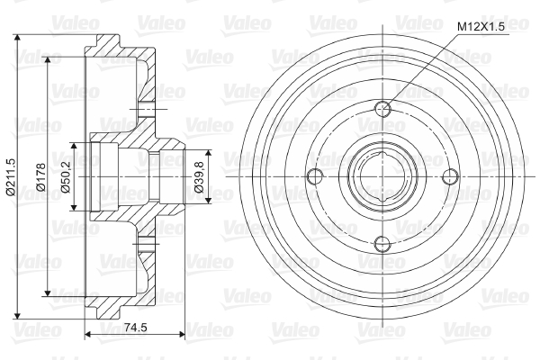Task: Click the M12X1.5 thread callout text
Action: [481, 27]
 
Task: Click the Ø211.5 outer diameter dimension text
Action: [11, 177]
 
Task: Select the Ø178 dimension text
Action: [40, 176]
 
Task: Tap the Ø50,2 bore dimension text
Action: [65, 176]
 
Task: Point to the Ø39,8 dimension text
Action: [199, 176]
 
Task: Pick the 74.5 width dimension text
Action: [135, 327]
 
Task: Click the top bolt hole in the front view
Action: [382, 109]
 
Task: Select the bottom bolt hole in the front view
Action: [382, 244]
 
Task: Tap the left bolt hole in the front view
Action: [315, 176]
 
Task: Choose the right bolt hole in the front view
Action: [450, 176]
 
